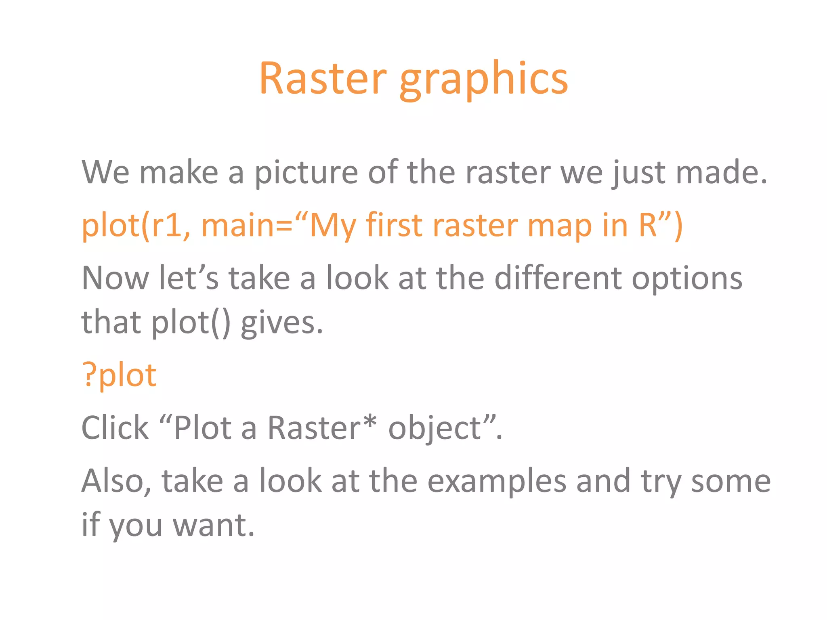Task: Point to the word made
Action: (x=721, y=173)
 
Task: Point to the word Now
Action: (x=115, y=279)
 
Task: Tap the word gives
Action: (x=282, y=324)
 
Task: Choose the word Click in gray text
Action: (x=115, y=428)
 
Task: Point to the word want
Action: (x=214, y=526)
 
